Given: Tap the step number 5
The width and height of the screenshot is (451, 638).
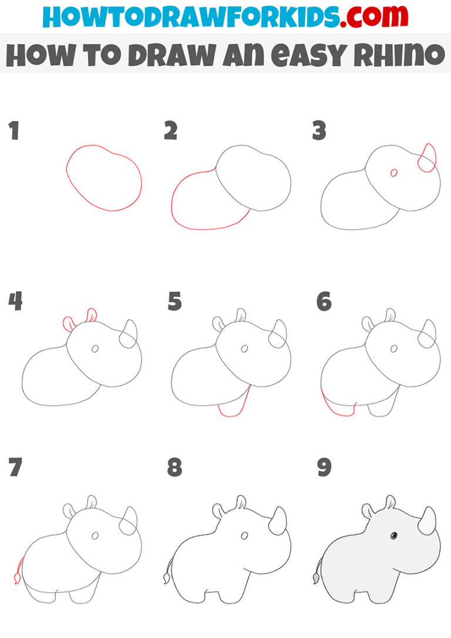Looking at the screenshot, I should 174,302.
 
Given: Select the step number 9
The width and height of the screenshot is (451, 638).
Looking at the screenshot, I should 324,468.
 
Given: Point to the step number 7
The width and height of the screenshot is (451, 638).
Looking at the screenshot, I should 15,468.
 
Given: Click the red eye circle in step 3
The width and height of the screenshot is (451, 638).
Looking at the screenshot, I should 394,173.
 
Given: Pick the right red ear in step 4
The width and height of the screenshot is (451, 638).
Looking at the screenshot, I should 91,315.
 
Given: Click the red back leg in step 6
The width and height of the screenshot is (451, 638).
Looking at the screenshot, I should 336,407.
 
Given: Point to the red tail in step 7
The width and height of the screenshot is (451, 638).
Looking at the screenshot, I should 18,572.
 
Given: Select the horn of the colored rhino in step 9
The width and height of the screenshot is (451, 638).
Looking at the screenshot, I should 428,521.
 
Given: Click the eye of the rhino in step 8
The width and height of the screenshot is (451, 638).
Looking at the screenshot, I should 244,536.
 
